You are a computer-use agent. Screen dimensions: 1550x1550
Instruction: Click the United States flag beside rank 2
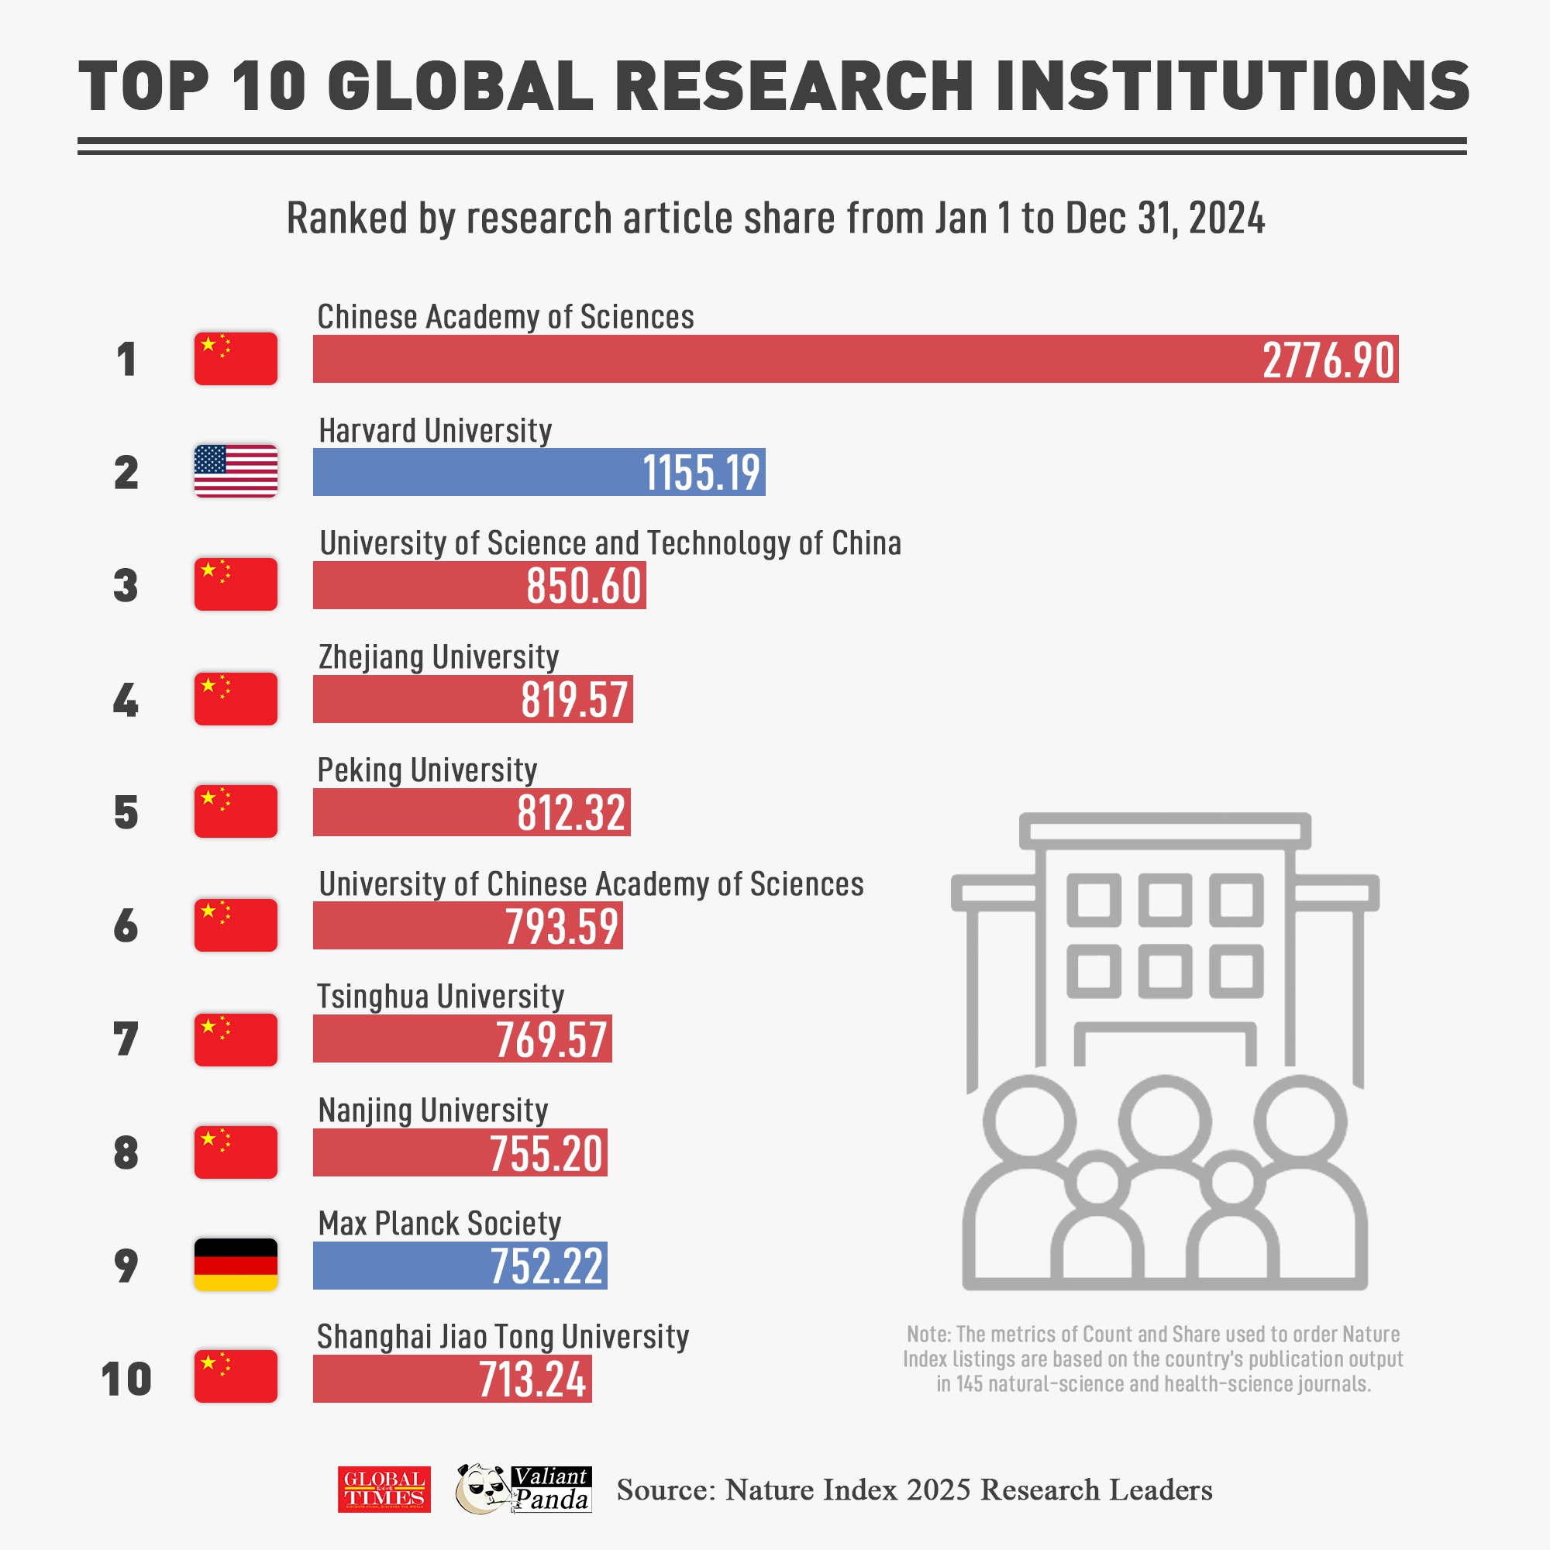[x=235, y=471]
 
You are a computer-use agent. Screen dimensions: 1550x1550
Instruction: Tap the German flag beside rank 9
[x=235, y=1266]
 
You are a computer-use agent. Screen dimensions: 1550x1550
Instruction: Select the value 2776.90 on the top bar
[x=1328, y=360]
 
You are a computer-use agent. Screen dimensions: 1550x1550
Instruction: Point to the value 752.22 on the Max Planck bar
[x=546, y=1267]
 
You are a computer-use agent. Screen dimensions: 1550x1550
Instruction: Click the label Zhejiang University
[x=438, y=657]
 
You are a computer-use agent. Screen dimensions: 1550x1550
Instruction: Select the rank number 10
[x=126, y=1380]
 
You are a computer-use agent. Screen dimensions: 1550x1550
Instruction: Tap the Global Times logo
[x=384, y=1490]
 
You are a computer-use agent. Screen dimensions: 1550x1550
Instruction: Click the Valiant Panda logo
[x=523, y=1489]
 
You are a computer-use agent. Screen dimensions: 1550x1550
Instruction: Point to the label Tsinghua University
[x=440, y=997]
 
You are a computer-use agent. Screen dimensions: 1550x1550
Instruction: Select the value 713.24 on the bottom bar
[x=532, y=1380]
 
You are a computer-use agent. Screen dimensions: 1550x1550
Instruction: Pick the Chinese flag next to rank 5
[x=235, y=811]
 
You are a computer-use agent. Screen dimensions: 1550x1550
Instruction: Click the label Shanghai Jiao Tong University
[x=503, y=1337]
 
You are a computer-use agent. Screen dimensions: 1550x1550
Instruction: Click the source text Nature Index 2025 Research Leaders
[x=968, y=1490]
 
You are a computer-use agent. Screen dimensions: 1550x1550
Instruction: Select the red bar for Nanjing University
[x=401, y=1153]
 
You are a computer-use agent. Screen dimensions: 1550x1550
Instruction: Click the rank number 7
[x=126, y=1040]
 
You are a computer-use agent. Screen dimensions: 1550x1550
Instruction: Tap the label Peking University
[x=427, y=770]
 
